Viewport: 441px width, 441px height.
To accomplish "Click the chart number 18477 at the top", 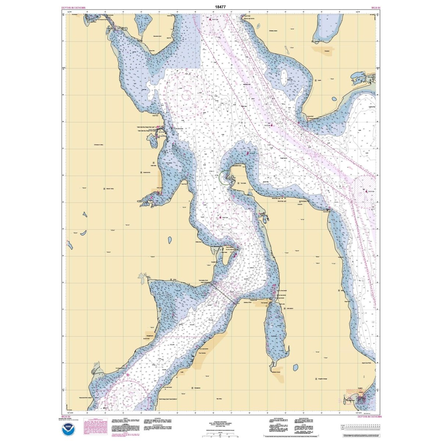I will coord(220,6).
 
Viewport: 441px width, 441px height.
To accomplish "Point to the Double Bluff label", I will coord(313,119).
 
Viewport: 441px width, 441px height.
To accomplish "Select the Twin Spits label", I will coord(243,183).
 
